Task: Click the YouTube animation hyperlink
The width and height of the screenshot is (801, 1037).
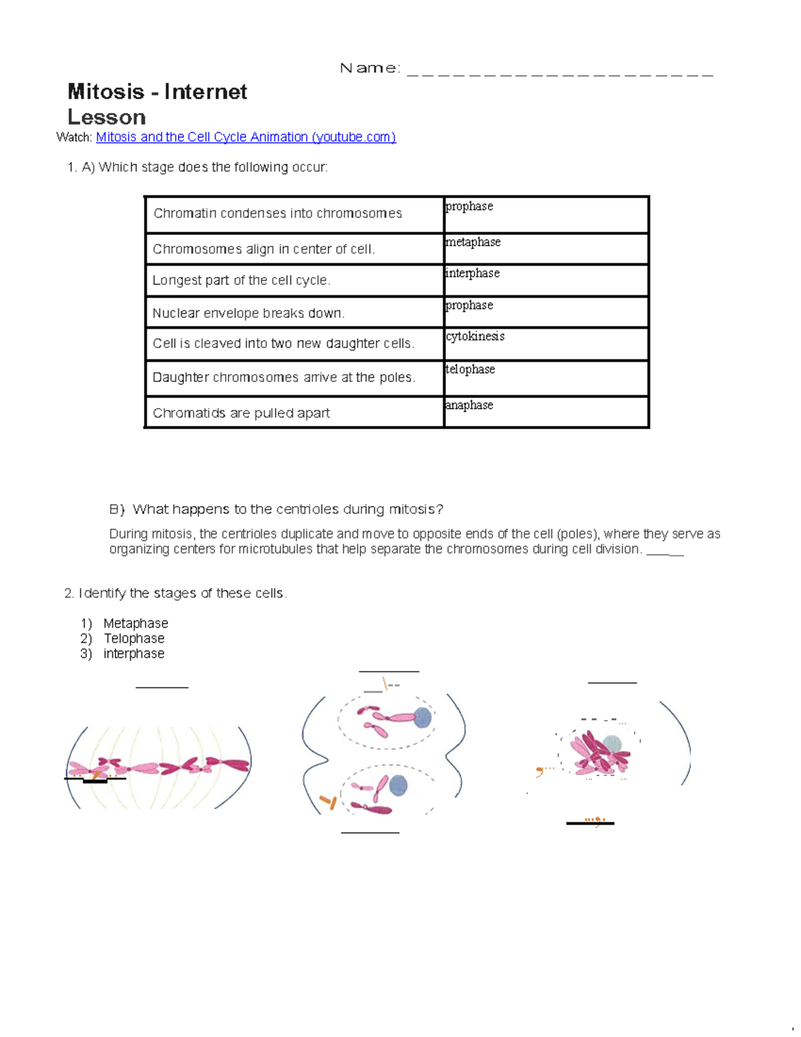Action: [246, 137]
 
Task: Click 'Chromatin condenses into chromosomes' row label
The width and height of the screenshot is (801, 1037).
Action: [278, 214]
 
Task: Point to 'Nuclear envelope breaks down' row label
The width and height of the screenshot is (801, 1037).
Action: [248, 313]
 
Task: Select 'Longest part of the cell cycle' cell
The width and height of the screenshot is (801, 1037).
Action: [241, 280]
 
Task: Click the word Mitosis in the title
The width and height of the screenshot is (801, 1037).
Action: [105, 91]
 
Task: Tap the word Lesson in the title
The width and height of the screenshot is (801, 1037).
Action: [107, 118]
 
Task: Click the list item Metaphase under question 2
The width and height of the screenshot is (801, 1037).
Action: [136, 623]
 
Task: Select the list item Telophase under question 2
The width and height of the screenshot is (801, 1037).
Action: [134, 638]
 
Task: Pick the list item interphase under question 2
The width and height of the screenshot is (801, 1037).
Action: [133, 654]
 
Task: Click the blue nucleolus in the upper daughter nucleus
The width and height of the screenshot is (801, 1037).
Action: [423, 717]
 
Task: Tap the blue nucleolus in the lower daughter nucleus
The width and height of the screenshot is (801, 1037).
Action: [398, 785]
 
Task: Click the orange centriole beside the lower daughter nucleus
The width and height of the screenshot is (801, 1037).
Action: [328, 801]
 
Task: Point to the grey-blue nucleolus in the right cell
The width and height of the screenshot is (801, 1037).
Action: [612, 745]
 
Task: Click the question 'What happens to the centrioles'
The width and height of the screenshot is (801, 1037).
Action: [287, 509]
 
